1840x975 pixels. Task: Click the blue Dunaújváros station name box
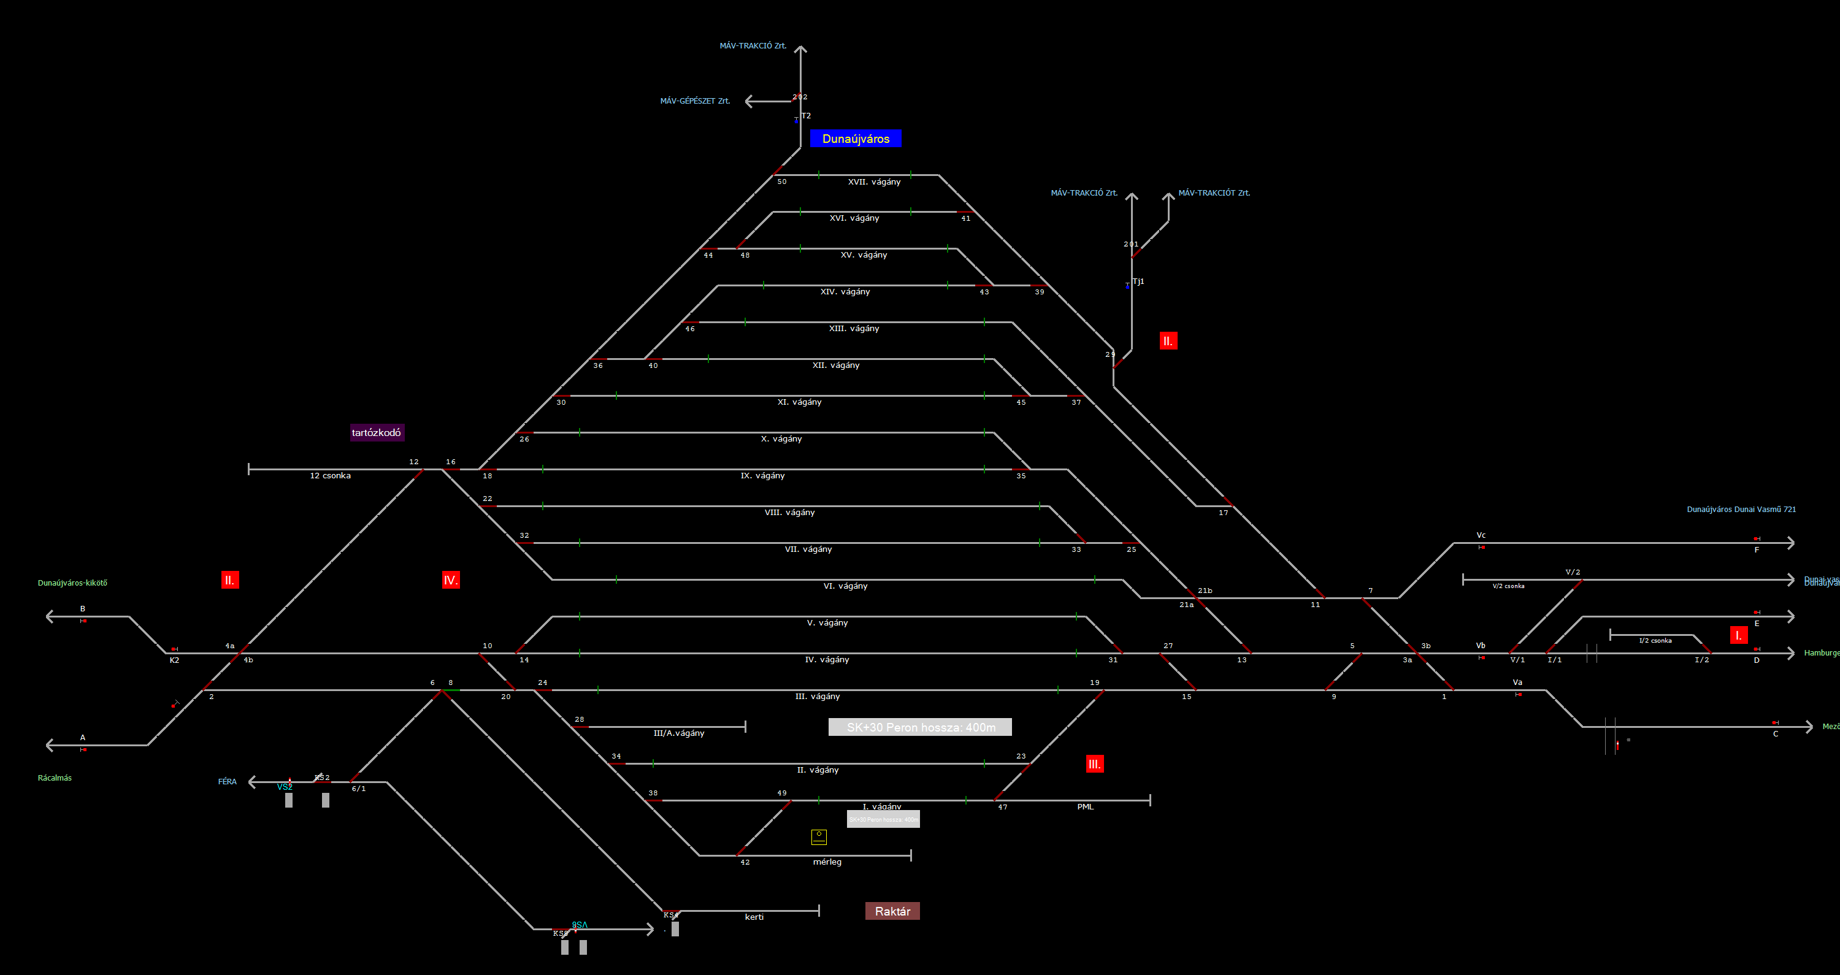[x=855, y=139]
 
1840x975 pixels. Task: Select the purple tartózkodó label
[x=377, y=432]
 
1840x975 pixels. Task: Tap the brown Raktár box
[x=892, y=911]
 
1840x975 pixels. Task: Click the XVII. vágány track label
[x=873, y=182]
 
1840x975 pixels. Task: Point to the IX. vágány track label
[x=762, y=476]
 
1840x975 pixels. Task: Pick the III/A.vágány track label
[x=678, y=733]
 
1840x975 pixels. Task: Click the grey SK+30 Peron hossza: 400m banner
[x=920, y=727]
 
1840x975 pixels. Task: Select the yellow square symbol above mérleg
[x=819, y=836]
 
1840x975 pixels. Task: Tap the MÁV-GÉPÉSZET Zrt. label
[x=694, y=101]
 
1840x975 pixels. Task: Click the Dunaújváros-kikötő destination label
[x=72, y=583]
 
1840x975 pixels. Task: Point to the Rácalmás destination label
[x=55, y=778]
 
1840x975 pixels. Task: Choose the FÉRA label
[x=227, y=781]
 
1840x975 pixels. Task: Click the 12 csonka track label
[x=330, y=476]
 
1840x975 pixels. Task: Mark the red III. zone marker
[x=1094, y=763]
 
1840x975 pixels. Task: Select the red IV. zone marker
[x=450, y=580]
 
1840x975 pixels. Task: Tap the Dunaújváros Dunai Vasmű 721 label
[x=1741, y=510]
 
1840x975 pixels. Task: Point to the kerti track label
[x=754, y=917]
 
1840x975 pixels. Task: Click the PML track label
[x=1085, y=807]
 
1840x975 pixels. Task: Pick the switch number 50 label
[x=781, y=182]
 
